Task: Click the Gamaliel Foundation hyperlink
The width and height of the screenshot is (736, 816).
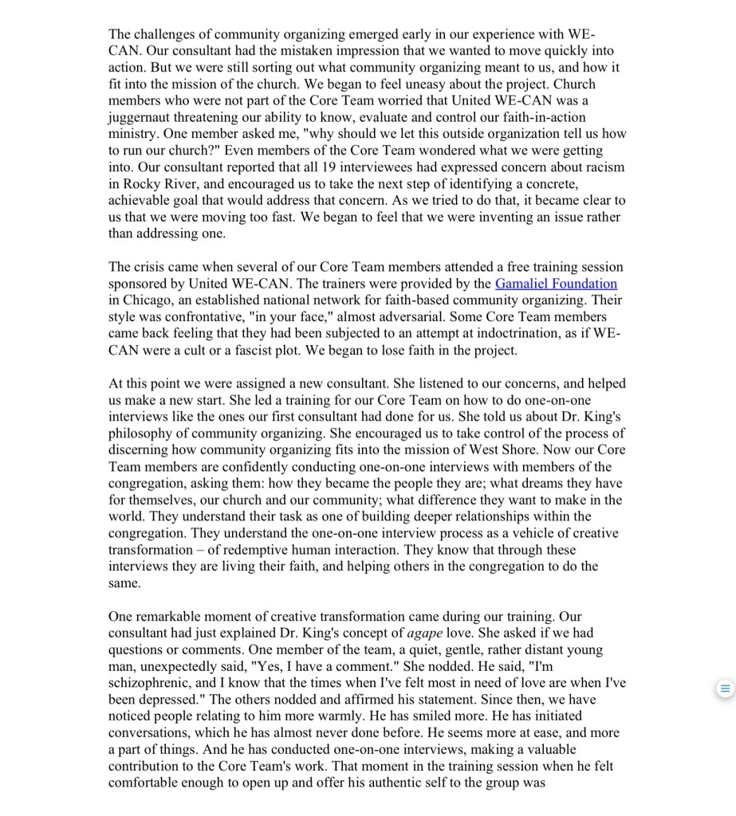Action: tap(556, 284)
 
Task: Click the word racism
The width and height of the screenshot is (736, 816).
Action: tap(601, 167)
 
